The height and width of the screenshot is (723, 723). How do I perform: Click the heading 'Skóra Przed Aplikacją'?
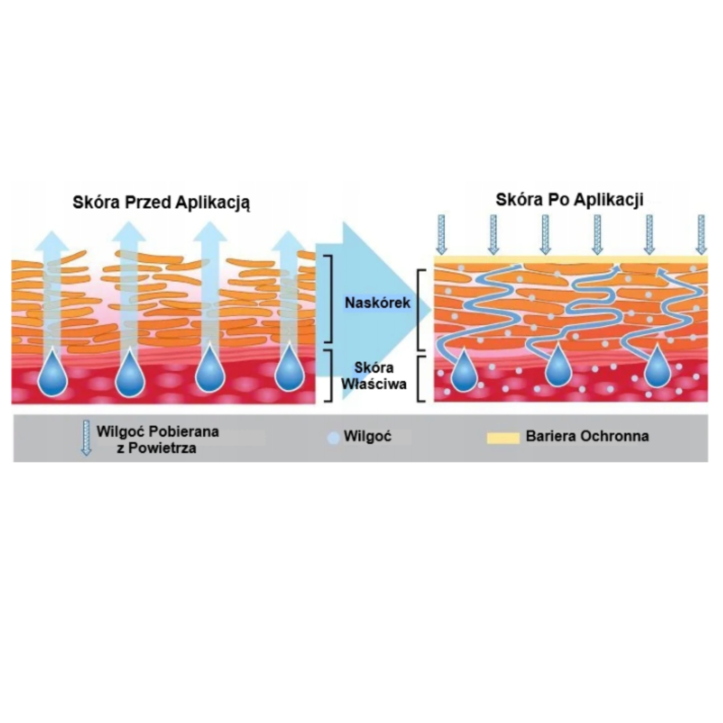161,203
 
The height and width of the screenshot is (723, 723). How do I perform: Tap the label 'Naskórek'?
377,303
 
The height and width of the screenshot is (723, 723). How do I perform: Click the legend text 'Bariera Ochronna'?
587,436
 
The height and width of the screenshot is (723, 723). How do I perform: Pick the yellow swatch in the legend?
503,437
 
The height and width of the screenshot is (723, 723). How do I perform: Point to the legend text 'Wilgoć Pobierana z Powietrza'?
158,440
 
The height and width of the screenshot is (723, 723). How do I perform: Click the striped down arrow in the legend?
86,437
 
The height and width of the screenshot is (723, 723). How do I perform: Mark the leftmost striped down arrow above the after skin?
441,234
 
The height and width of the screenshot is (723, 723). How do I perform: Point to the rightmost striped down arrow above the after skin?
702,234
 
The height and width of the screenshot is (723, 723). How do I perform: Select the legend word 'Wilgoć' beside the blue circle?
367,436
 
